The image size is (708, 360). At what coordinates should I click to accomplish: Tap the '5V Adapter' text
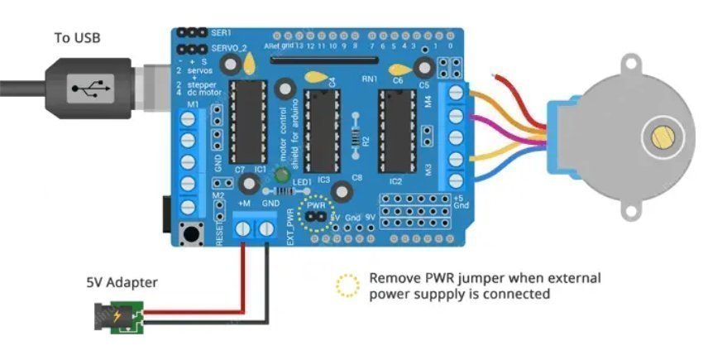[122, 283]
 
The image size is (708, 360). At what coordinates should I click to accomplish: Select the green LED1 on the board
[281, 175]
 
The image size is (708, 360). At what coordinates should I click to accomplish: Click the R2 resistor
[356, 136]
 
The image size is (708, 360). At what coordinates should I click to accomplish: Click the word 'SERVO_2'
[229, 49]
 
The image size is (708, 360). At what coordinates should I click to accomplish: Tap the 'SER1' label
[222, 32]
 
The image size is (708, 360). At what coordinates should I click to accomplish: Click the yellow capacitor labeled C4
[315, 78]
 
